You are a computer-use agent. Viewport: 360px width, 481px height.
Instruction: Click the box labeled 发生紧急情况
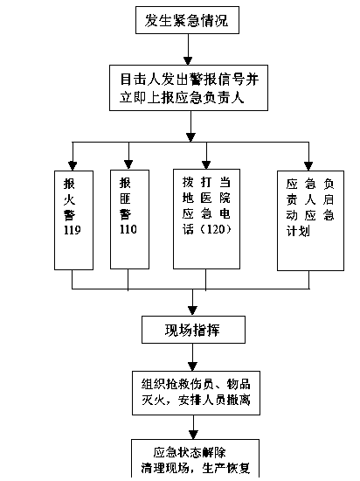coord(187,20)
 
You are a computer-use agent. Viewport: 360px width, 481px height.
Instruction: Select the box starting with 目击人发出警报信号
coord(189,87)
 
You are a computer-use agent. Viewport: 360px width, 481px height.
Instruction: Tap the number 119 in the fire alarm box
coord(73,230)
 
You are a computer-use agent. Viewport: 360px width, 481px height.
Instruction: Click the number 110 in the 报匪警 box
coord(128,229)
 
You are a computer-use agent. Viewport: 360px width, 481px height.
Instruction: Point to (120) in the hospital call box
coord(215,229)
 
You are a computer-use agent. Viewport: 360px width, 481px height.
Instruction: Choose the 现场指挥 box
coord(193,330)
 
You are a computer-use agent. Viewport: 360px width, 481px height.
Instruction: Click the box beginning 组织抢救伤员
coord(196,393)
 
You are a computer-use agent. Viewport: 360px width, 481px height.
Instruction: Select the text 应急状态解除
coord(190,453)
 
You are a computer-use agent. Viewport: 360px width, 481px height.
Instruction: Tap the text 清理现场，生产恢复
coord(196,468)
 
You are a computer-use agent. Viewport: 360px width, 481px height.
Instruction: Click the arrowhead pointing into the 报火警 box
coord(73,166)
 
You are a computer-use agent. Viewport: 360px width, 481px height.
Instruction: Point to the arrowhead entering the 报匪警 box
coord(128,164)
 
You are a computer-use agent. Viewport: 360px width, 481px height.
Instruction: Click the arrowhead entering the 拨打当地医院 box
coord(206,164)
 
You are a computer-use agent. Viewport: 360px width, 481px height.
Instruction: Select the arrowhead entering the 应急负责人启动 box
coord(308,166)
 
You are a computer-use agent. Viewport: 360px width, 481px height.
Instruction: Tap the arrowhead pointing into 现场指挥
coord(192,311)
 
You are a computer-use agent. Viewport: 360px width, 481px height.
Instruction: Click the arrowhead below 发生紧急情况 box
coord(188,60)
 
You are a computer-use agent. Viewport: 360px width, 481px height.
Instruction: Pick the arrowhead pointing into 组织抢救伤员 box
coord(193,366)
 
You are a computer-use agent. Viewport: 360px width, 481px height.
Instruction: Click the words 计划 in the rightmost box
coord(298,231)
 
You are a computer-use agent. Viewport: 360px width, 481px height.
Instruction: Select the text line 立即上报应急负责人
coord(182,98)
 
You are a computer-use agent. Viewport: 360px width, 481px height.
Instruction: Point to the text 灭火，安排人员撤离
coord(196,400)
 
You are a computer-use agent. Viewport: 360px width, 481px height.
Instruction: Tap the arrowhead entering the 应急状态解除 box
coord(193,435)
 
